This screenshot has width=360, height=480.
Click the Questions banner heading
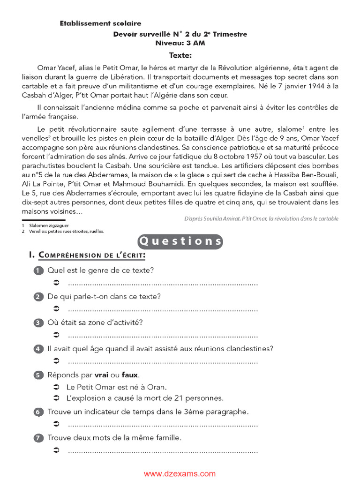point(180,241)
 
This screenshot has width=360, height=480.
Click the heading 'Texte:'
point(180,55)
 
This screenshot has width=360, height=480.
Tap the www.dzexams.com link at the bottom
point(180,474)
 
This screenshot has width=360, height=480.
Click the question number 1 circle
point(38,271)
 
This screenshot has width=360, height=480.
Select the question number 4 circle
point(38,349)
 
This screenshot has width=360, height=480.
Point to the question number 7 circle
point(38,438)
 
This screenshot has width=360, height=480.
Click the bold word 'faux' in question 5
point(130,375)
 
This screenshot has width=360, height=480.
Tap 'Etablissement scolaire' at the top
point(100,23)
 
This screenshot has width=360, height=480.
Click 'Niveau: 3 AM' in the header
point(180,43)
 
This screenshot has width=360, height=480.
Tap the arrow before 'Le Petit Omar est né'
point(56,387)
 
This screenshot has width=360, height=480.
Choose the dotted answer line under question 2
point(163,309)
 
